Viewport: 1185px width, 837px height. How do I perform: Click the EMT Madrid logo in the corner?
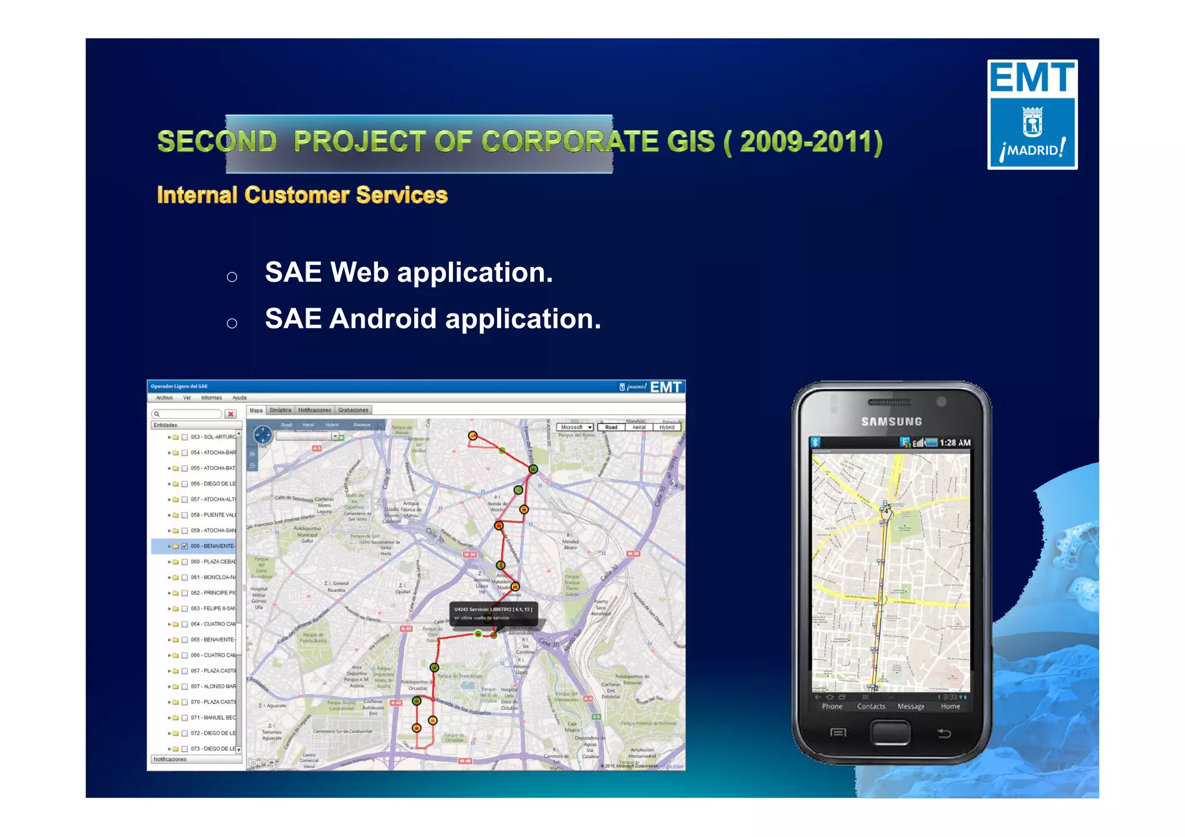coord(1032,115)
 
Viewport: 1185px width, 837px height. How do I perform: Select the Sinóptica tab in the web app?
coord(281,410)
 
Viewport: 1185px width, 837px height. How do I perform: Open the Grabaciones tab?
coord(353,410)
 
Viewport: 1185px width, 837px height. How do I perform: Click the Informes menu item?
coord(211,398)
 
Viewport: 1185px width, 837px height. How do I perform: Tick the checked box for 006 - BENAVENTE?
coord(185,546)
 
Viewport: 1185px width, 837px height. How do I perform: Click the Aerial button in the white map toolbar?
coord(639,427)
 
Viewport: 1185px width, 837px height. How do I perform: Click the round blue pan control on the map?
coord(263,434)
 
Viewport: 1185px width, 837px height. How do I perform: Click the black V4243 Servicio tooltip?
coord(494,614)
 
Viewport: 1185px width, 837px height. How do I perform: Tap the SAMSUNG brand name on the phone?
coord(891,422)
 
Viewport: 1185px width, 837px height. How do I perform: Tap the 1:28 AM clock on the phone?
coord(955,443)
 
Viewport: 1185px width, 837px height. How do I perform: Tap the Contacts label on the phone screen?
coord(871,706)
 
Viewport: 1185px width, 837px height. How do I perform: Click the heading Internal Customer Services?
coord(302,196)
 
